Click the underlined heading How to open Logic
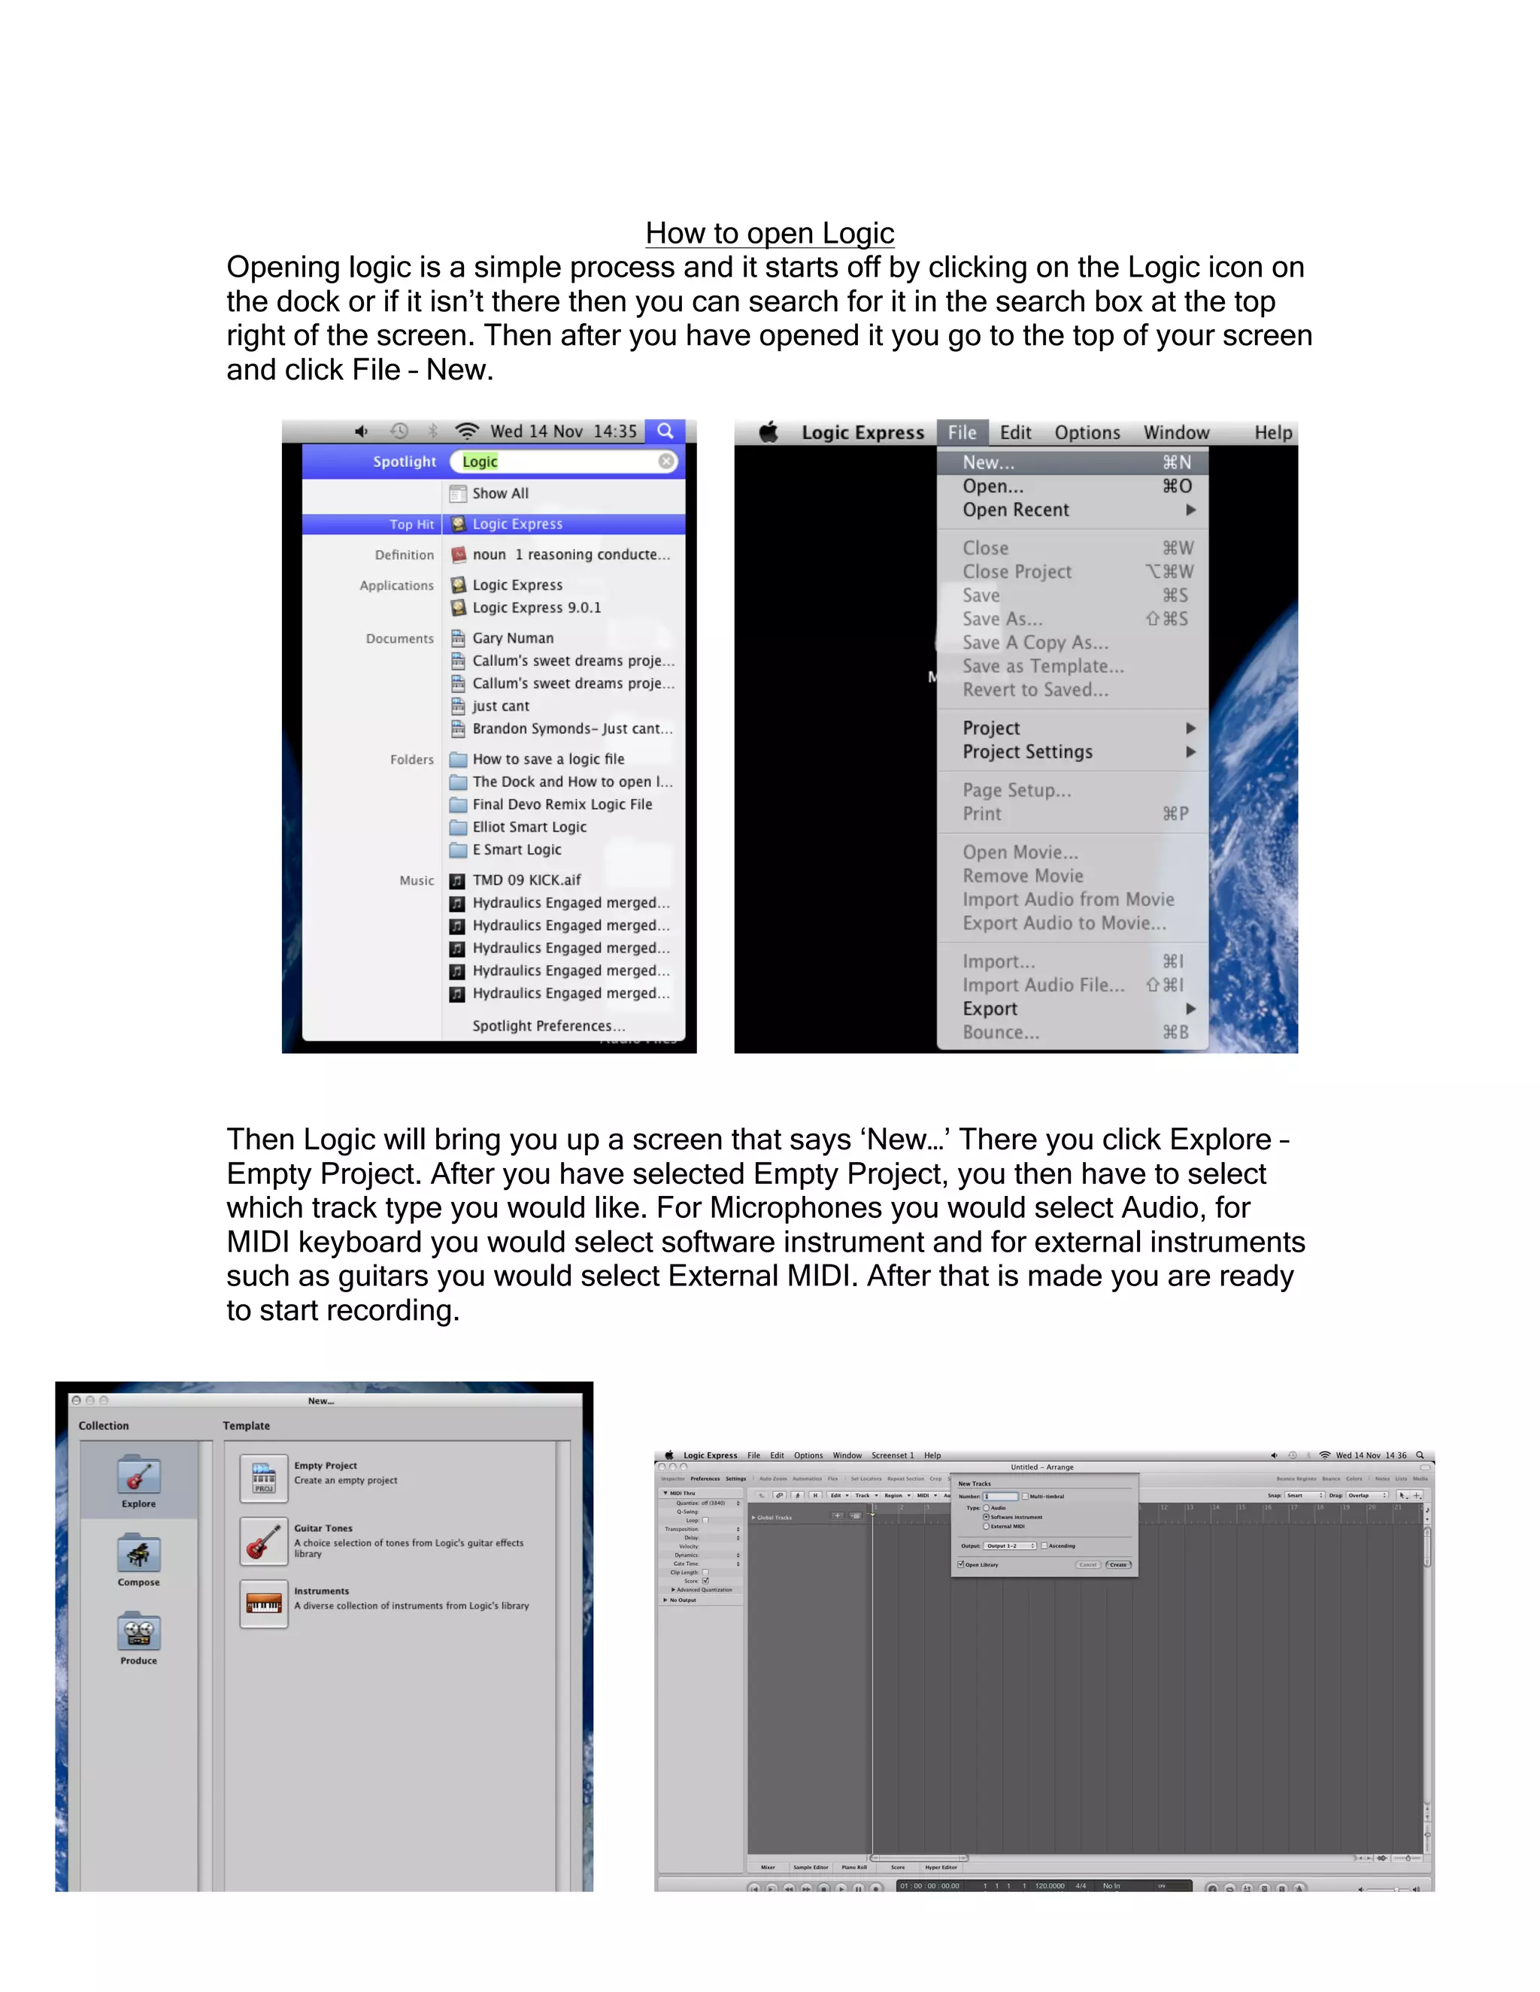[x=769, y=234]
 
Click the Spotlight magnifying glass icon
[x=666, y=431]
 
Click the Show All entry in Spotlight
[x=500, y=493]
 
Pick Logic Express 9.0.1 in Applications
[x=536, y=607]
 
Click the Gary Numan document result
[x=513, y=638]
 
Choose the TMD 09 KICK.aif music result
[x=526, y=880]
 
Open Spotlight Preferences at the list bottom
[x=548, y=1026]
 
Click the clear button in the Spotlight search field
[x=667, y=462]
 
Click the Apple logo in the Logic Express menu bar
[x=769, y=432]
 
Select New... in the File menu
[x=988, y=463]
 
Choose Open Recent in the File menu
[x=1015, y=510]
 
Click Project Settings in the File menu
[x=1027, y=752]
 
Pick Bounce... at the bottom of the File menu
[x=1001, y=1033]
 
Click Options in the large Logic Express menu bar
[x=1087, y=433]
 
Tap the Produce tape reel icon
[x=138, y=1633]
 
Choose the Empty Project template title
[x=326, y=1466]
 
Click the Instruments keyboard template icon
[x=265, y=1604]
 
